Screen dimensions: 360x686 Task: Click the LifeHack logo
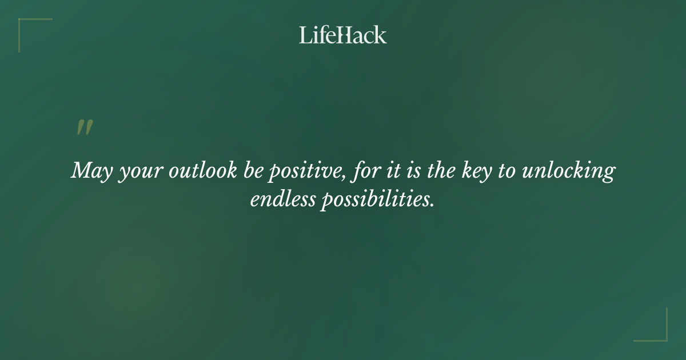[343, 35]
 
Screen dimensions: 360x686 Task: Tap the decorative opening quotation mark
[85, 128]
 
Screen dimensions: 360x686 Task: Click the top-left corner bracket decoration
[23, 23]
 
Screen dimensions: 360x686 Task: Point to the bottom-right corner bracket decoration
[663, 337]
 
